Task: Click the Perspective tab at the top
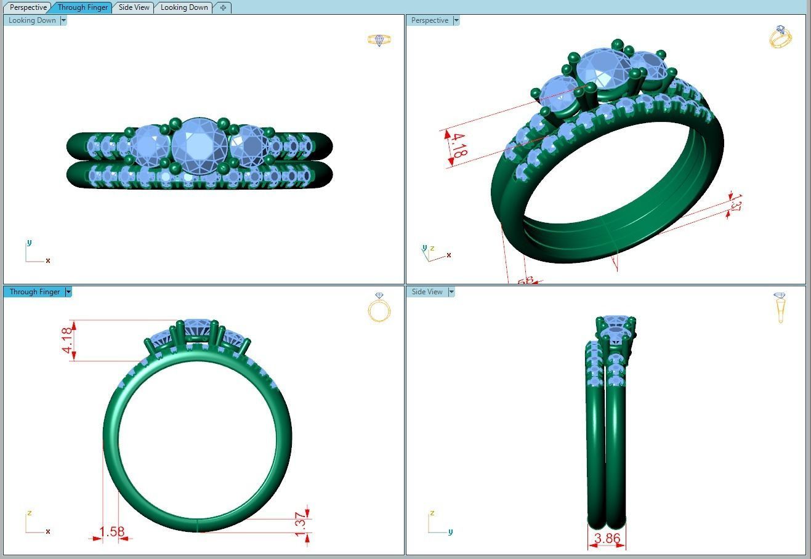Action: pos(28,7)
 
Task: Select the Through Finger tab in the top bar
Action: pos(83,7)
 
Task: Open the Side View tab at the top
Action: pos(134,7)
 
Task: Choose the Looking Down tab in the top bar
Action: pos(184,7)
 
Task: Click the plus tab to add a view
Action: pos(223,7)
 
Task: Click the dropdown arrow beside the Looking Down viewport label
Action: pos(63,20)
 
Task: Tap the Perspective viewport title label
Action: pos(429,20)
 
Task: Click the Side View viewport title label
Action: pos(427,292)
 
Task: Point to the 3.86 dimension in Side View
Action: pos(607,538)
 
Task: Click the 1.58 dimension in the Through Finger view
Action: pos(111,531)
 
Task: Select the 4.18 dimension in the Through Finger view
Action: pos(68,340)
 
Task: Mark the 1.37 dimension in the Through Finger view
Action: pos(301,524)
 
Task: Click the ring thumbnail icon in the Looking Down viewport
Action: pos(379,40)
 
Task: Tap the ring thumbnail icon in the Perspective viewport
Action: pos(780,37)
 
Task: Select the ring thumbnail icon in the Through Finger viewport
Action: pos(379,307)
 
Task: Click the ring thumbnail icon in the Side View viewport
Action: pos(780,307)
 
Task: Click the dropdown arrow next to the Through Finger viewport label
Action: pos(68,292)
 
